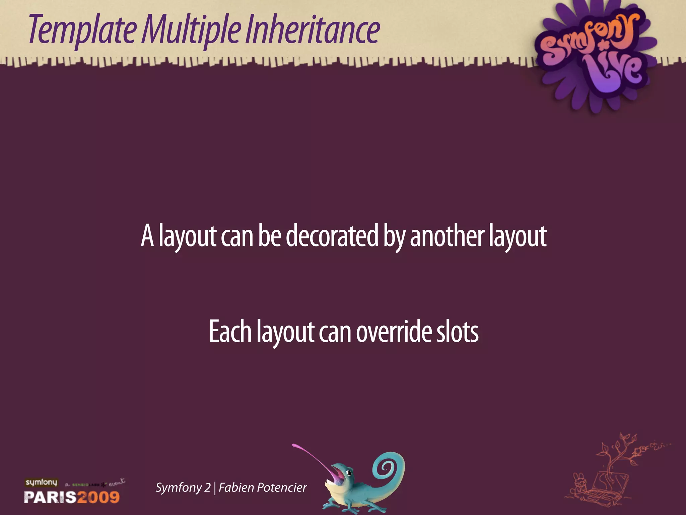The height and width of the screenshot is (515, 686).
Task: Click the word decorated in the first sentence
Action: (332, 236)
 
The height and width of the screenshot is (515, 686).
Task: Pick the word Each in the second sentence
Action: (230, 332)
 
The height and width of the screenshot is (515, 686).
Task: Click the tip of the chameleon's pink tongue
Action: (295, 446)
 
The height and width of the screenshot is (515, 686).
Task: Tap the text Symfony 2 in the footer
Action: (183, 488)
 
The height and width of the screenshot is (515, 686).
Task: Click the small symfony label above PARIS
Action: (41, 482)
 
